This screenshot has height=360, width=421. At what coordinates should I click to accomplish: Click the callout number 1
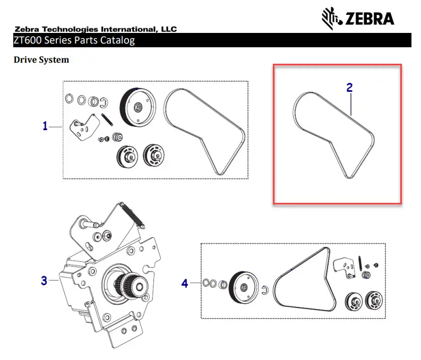45,126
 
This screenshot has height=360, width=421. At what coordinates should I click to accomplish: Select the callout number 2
349,88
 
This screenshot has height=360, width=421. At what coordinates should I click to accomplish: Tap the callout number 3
45,280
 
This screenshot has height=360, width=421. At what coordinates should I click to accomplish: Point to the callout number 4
185,284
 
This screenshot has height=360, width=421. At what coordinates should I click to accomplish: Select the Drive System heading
41,60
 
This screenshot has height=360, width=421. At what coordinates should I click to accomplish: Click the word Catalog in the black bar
116,40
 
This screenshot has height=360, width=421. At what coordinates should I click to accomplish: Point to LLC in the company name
167,29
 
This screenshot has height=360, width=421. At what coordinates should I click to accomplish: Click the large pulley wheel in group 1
137,107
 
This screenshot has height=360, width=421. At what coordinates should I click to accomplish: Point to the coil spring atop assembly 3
132,216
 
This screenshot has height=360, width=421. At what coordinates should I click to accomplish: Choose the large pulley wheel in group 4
243,288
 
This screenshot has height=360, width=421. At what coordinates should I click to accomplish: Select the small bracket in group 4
343,265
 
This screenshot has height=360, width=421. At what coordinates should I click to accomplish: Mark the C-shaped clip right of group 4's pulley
267,288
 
